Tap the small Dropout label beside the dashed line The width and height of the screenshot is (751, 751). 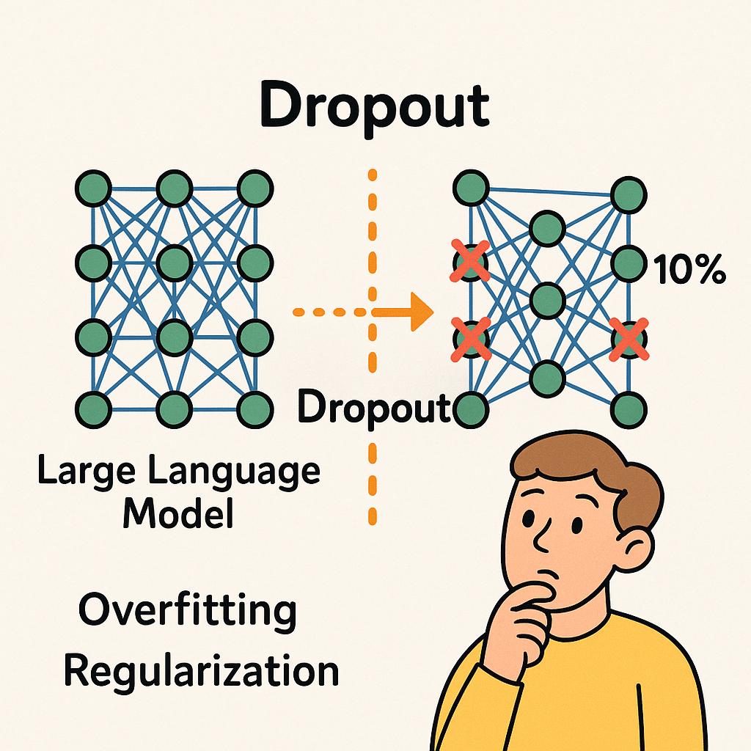pyautogui.click(x=373, y=409)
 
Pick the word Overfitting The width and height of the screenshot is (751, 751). pyautogui.click(x=187, y=610)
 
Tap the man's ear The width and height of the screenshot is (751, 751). pyautogui.click(x=635, y=549)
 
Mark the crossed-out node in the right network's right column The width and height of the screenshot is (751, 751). pyautogui.click(x=629, y=339)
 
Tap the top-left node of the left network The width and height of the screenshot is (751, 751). pyautogui.click(x=93, y=188)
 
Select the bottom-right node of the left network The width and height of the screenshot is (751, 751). pyautogui.click(x=254, y=409)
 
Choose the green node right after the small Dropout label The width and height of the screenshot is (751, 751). pyautogui.click(x=471, y=410)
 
